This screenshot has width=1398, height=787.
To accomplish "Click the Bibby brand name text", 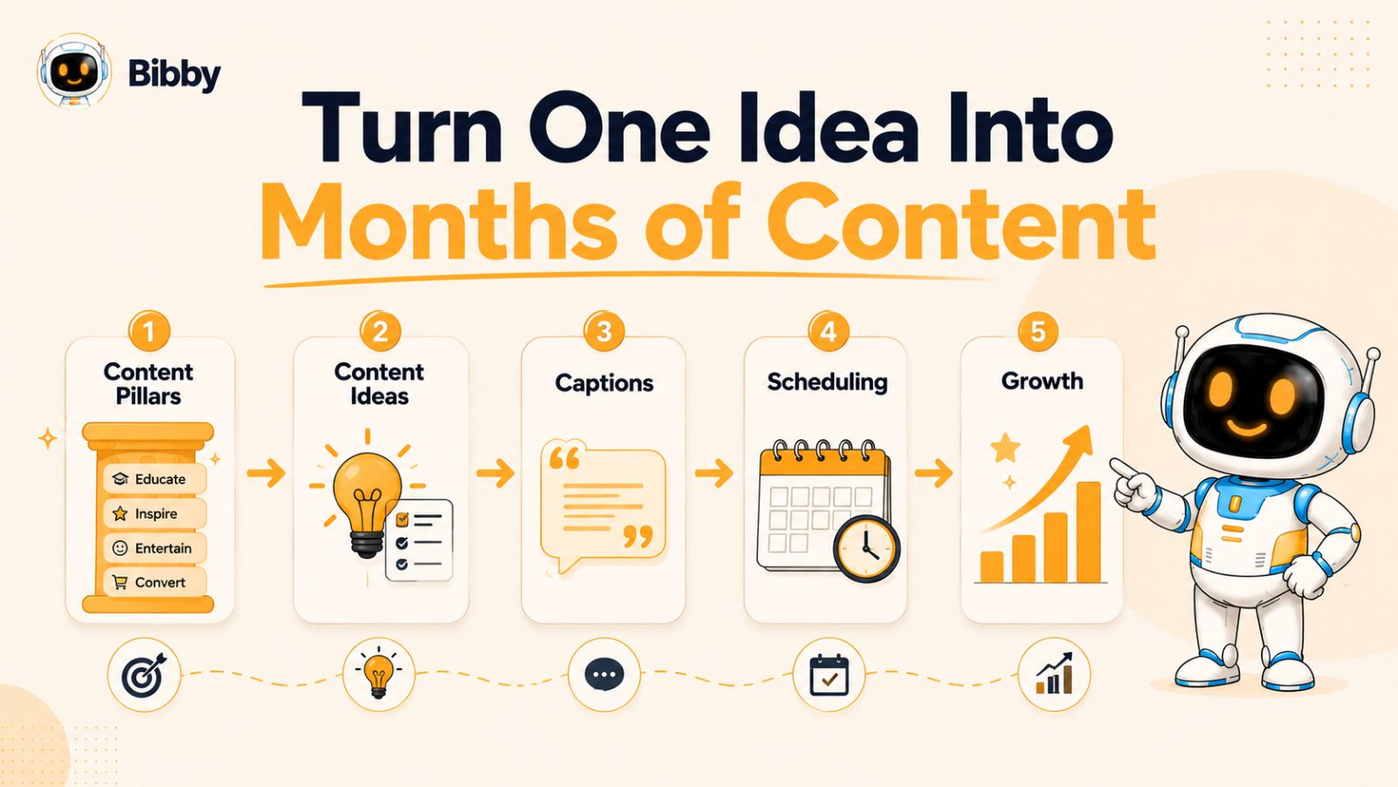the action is coord(174,75).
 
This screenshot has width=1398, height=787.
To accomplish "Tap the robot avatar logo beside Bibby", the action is coord(73,71).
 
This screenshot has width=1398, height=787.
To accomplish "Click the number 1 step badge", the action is coord(149,331).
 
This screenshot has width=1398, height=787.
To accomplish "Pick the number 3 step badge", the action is coord(604,331).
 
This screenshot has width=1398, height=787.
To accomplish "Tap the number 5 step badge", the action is coord(1037,331).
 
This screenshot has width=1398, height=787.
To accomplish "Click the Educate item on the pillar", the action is coord(154,479).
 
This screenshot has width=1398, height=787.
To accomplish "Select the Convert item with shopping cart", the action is coord(154,582).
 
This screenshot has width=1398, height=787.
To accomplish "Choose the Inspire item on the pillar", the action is coord(154,513).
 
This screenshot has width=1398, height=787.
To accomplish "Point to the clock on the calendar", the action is coord(866,548).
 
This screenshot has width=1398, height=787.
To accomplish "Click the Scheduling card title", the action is coord(827,381).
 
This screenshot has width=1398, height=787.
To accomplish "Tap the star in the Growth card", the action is coord(1006,447).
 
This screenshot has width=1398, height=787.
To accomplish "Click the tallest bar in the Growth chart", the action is coord(1089,532).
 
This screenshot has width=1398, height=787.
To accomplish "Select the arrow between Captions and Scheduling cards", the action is coord(714,473).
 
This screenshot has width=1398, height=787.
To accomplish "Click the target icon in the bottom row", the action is coord(144,674).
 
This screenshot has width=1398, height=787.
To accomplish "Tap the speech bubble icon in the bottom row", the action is coord(604,674).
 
